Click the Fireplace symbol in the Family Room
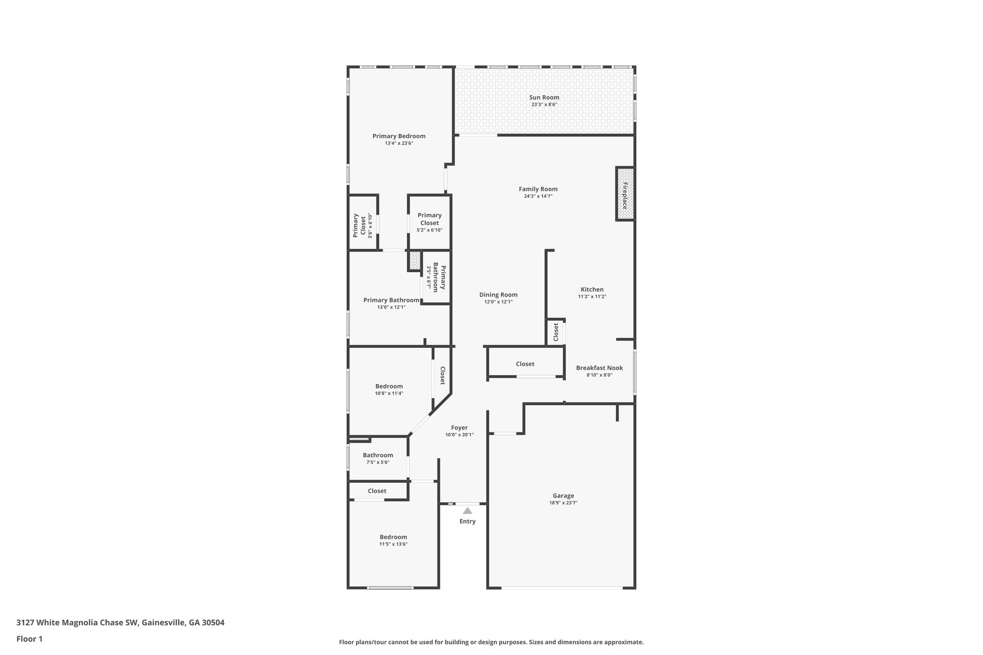625,194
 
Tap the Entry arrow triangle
468,511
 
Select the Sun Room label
544,97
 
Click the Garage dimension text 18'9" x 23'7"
563,503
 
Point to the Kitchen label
592,289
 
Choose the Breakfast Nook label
599,368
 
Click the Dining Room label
498,295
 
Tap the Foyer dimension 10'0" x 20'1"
459,435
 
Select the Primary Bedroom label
399,136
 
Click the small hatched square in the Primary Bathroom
415,261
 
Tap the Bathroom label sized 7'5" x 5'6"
378,455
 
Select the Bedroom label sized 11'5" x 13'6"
393,537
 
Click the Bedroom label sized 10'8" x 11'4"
389,386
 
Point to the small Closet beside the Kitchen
556,332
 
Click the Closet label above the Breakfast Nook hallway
525,364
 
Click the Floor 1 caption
29,639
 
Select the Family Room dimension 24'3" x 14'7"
538,196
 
